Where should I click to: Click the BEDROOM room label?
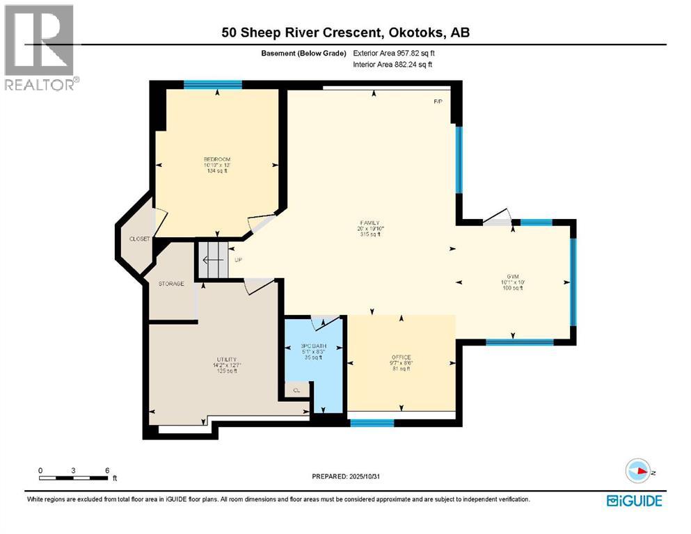216,159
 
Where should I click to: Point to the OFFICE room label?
401,357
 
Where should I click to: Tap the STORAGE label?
170,284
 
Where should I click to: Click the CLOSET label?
139,239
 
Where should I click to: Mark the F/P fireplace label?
438,102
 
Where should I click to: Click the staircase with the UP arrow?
214,260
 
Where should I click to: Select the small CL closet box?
296,390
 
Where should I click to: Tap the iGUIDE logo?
634,501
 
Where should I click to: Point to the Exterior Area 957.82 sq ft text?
393,53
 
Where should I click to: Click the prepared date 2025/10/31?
346,476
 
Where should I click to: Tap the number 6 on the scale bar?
107,470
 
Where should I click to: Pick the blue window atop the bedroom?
213,85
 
